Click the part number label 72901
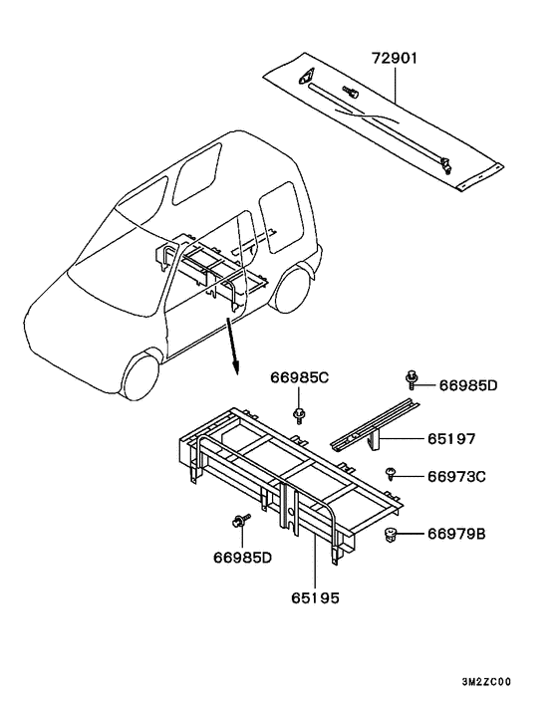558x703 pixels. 395,59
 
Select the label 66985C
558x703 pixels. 299,378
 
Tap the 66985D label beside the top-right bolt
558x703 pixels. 468,385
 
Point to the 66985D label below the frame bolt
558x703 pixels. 242,558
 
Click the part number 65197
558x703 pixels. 450,438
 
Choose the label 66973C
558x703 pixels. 456,476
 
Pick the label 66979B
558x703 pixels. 456,534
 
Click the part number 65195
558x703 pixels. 315,597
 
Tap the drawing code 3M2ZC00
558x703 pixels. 486,682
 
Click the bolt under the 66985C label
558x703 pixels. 298,415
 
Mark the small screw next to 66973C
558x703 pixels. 391,473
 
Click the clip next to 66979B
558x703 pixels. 392,535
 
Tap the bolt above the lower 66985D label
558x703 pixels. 240,522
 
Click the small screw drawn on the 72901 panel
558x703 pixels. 351,92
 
